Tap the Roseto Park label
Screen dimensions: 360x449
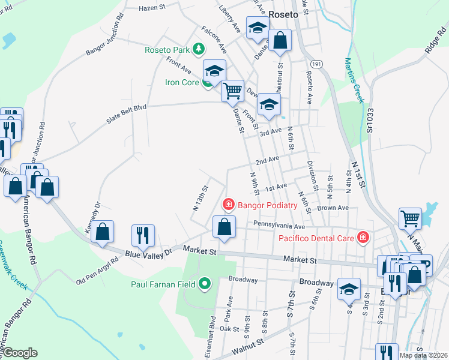167,50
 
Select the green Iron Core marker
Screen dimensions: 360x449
207,83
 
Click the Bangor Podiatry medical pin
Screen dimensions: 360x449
228,205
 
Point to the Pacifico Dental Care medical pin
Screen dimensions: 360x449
362,238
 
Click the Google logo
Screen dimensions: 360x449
20,353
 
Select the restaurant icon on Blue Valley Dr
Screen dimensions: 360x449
143,235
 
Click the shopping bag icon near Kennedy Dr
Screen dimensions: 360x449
103,232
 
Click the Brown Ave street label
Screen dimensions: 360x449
333,208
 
